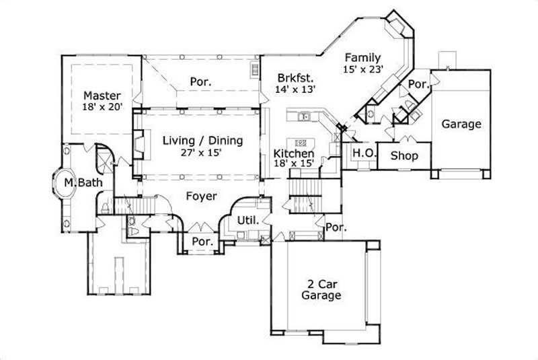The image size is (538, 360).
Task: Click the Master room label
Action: click(x=102, y=95)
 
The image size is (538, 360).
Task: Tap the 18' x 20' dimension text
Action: click(x=102, y=106)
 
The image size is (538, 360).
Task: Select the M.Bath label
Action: click(x=78, y=182)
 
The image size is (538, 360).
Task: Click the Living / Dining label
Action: click(x=202, y=141)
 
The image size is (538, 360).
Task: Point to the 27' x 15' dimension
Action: click(x=202, y=152)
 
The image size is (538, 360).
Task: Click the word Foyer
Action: click(x=202, y=196)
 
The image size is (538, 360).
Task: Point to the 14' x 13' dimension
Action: click(x=295, y=88)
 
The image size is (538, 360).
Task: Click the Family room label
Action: click(x=363, y=57)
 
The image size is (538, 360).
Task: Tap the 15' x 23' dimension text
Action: click(x=363, y=69)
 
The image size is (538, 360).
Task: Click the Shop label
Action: click(x=404, y=155)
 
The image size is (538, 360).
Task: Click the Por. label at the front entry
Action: click(x=202, y=241)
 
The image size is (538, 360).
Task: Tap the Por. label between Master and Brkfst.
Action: click(x=200, y=81)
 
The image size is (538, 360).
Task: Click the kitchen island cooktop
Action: click(x=301, y=143)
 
